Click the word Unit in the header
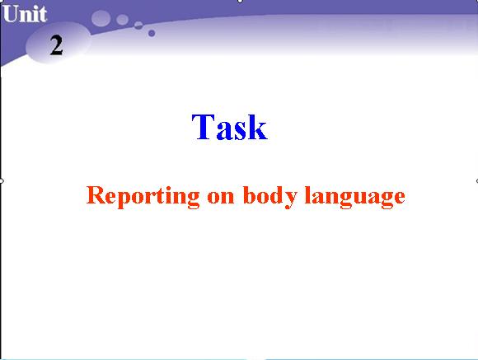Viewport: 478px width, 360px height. (25, 14)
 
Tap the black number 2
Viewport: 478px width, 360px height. (56, 45)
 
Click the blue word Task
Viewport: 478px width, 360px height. (230, 127)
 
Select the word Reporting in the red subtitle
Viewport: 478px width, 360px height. (143, 196)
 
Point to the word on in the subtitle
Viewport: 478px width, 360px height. (220, 197)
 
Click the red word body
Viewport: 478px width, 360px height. (269, 196)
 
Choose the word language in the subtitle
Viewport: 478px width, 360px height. (355, 196)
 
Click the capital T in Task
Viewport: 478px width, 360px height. (203, 127)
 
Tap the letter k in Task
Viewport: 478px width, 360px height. (258, 127)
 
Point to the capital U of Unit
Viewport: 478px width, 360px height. (11, 14)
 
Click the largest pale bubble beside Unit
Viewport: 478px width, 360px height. (101, 18)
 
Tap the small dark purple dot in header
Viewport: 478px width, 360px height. (152, 33)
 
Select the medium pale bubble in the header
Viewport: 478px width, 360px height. (122, 20)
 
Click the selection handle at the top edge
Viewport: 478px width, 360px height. (240, 1)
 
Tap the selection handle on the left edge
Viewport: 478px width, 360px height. (1, 181)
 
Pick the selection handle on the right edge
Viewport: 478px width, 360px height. (477, 181)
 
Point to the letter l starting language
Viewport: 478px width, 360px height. (308, 194)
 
